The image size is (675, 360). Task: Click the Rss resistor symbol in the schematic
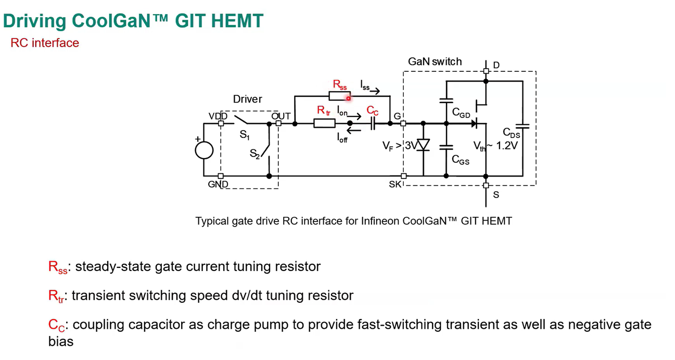(x=340, y=96)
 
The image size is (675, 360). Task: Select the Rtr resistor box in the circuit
(x=324, y=123)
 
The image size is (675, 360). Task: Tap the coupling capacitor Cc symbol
(x=373, y=123)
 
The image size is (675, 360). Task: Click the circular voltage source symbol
(x=204, y=150)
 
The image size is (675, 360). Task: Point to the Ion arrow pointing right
(x=354, y=117)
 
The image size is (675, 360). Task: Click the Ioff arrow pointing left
(x=354, y=131)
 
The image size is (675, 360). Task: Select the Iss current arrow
(x=375, y=91)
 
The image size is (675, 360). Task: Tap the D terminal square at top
(x=486, y=71)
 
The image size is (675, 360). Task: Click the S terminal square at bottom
(x=486, y=185)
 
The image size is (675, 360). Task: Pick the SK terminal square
(x=403, y=176)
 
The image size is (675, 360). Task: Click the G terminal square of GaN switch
(x=403, y=123)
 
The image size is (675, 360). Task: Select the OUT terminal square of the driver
(x=278, y=123)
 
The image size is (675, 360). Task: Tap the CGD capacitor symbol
(x=447, y=100)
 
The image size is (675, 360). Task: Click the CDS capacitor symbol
(x=523, y=126)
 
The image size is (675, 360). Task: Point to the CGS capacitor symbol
(x=447, y=147)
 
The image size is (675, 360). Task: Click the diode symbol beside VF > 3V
(x=423, y=145)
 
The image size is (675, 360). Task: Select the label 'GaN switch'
(x=435, y=61)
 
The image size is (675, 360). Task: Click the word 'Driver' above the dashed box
(x=247, y=99)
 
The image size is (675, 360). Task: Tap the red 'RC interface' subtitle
(x=45, y=43)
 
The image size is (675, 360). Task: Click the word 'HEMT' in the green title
(x=237, y=21)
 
